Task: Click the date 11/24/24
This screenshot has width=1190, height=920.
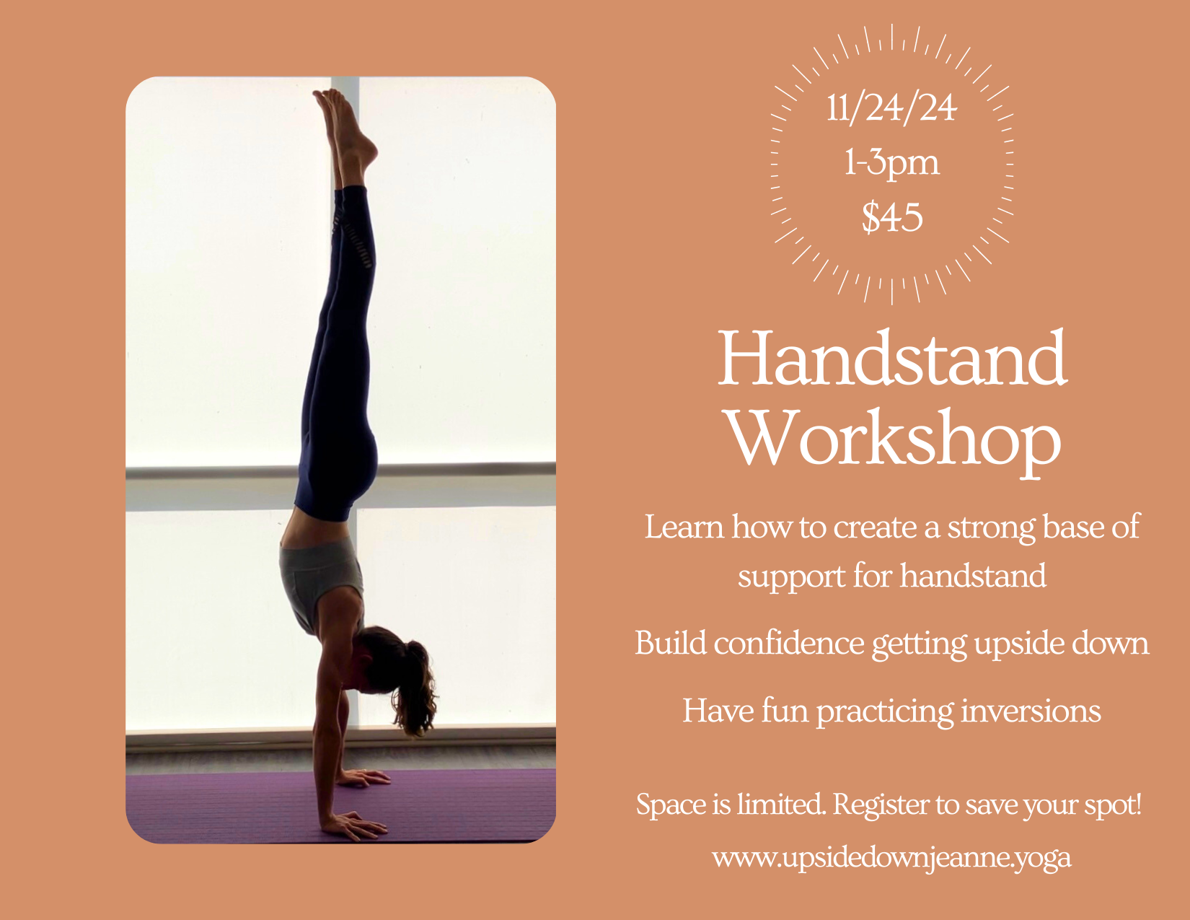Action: [x=891, y=108]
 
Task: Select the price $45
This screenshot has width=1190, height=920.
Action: [x=892, y=216]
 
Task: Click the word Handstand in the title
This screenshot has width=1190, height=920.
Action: [x=892, y=359]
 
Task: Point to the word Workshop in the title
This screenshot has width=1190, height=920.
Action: [x=894, y=439]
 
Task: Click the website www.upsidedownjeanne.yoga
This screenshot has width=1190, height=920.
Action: [x=891, y=858]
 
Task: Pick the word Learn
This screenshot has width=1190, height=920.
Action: [x=684, y=527]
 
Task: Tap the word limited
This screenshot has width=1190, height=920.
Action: [x=782, y=804]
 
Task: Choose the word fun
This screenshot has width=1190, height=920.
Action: [x=785, y=711]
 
